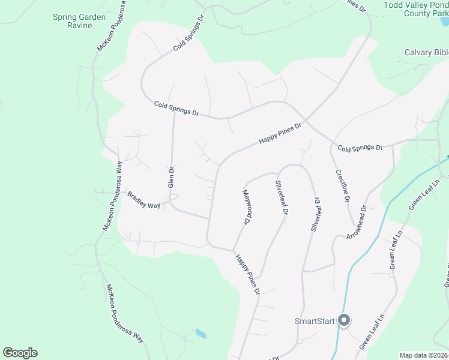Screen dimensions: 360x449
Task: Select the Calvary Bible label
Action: pos(426,53)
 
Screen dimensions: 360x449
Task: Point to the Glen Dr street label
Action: pos(171,178)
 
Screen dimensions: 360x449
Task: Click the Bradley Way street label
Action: pos(143,200)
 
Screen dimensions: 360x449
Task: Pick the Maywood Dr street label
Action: pos(246,208)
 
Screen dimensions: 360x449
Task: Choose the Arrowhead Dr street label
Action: pos(356,224)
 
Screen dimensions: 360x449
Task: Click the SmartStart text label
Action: pos(314,321)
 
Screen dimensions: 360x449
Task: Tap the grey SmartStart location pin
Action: pos(344,321)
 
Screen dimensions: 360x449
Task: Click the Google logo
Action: pos(20,353)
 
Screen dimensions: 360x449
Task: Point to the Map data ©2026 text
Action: pos(423,355)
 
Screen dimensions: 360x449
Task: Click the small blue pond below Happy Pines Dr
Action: pos(200,334)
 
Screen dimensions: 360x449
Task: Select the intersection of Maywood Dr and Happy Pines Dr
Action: pos(233,250)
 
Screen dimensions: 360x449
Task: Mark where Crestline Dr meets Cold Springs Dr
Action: pos(331,144)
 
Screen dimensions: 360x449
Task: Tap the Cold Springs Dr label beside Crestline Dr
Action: pos(360,148)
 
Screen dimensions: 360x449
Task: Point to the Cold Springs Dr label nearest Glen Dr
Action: pos(176,109)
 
